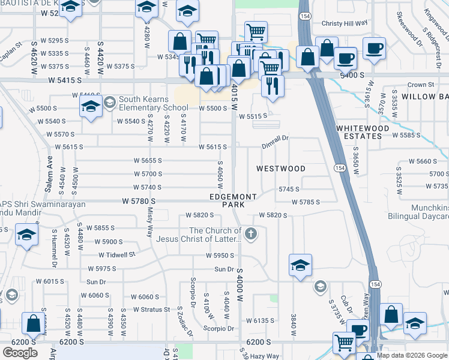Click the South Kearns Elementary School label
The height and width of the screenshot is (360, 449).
pyautogui.click(x=153, y=103)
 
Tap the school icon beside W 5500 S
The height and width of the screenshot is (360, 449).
pyautogui.click(x=91, y=108)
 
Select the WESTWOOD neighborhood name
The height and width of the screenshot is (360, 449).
pyautogui.click(x=281, y=169)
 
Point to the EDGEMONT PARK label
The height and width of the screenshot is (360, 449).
pyautogui.click(x=234, y=200)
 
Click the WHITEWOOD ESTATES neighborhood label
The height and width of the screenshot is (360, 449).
pyautogui.click(x=359, y=132)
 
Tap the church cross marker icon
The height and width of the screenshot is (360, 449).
pyautogui.click(x=251, y=233)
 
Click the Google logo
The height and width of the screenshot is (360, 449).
pyautogui.click(x=20, y=353)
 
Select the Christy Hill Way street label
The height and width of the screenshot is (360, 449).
pyautogui.click(x=344, y=23)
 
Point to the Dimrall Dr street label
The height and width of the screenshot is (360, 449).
pyautogui.click(x=275, y=138)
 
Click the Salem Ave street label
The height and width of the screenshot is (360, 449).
pyautogui.click(x=50, y=164)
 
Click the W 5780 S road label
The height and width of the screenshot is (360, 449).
pyautogui.click(x=139, y=201)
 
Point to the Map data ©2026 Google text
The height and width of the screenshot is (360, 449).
pyautogui.click(x=412, y=355)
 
